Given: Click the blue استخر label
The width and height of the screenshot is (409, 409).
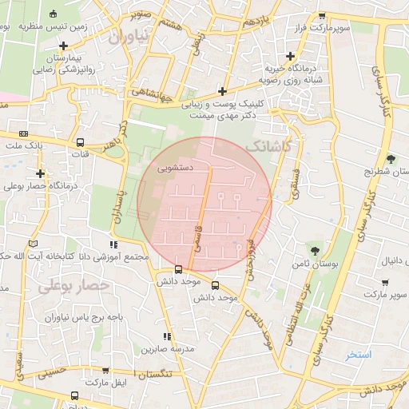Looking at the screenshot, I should point(359,353).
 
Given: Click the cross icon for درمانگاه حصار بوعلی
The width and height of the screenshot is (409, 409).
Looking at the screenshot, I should point(40,173).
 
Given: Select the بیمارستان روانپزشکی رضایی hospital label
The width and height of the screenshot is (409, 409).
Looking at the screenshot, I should point(64,64).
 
